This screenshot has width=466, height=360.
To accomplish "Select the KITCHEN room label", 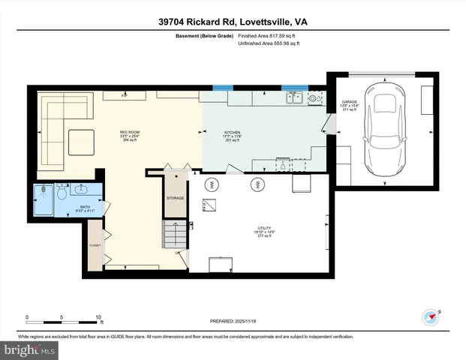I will (x=233, y=132).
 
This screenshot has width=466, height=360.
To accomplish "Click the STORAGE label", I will (x=175, y=198).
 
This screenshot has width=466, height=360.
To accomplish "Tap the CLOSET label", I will (x=95, y=244).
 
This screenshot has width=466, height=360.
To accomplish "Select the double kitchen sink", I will (x=295, y=96).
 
